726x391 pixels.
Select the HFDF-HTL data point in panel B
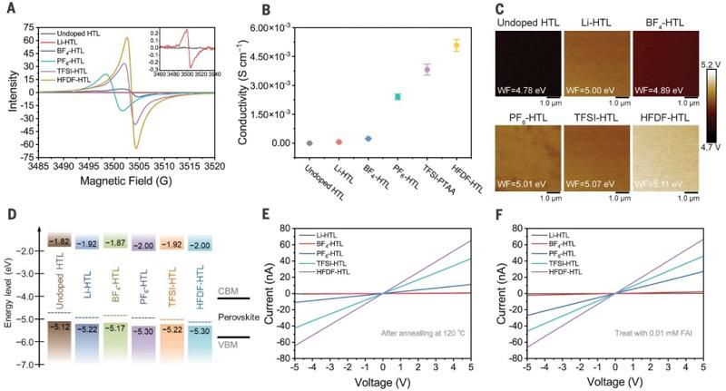(x=456, y=44)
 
